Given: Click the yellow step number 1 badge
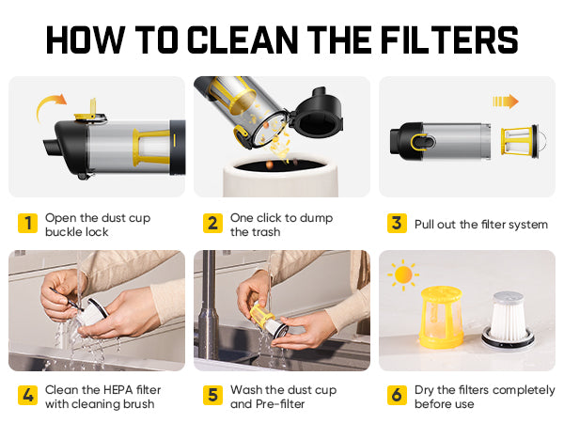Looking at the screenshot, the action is pos(27,223).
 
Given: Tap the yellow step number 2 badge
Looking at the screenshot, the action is pos(212,223).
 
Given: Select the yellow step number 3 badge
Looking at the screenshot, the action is pos(397,223).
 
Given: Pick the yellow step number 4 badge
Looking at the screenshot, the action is pos(27,395).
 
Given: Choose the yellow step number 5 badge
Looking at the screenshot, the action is pos(212,395).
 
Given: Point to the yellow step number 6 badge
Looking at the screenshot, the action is pos(397,395).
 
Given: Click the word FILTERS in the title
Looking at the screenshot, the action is pos(449,39).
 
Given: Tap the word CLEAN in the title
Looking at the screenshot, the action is pos(243,39).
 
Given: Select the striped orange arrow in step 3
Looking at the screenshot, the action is pos(506,102).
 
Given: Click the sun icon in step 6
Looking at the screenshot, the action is pos(403,274).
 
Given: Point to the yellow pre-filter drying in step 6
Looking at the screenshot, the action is pos(442,318).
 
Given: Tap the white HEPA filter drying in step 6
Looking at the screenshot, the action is pos(509,321).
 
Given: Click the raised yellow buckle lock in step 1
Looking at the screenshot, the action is pos(90,110).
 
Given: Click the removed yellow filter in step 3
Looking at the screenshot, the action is pos(524,141).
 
